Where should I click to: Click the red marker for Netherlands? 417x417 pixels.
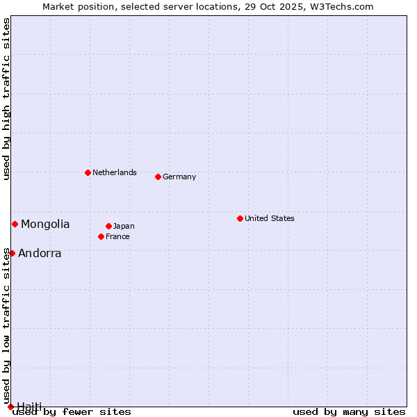point(88,172)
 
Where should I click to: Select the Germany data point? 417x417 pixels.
point(158,177)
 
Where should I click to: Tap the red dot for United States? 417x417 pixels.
point(240,218)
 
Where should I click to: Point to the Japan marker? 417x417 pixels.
point(108,226)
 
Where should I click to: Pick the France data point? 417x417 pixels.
point(101,236)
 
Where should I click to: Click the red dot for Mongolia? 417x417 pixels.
point(15,224)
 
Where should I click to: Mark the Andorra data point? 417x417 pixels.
point(12,253)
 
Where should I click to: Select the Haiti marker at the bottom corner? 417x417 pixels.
point(10,407)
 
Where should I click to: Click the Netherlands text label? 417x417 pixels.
point(115,172)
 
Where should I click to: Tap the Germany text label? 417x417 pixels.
point(179,177)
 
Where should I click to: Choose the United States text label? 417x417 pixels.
point(270,218)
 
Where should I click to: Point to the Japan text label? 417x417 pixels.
point(124,226)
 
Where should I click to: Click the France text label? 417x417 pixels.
point(117,236)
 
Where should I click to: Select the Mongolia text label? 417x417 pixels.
point(45,224)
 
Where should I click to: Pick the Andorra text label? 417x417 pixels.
point(40,253)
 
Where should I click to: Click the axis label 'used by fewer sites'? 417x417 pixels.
point(72,411)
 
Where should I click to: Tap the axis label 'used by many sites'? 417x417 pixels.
point(349,411)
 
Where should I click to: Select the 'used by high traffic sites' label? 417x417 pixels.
point(7,99)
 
